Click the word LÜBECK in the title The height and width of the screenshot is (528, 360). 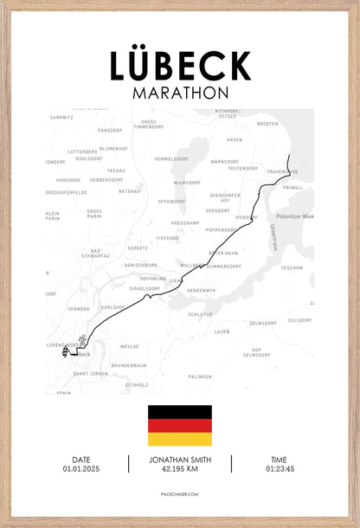pos(180,66)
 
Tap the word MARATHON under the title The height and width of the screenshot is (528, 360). pos(180,92)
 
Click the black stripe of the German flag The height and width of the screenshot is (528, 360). pos(180,412)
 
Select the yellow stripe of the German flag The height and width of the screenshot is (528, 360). pos(180,439)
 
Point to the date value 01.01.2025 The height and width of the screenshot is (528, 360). pos(81,468)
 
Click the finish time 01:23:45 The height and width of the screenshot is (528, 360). pos(279,468)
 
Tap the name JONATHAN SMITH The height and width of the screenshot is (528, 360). pos(180,460)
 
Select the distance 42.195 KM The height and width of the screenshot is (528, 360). pos(180,468)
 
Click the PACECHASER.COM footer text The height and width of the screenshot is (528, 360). pos(180,493)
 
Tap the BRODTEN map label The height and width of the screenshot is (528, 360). pos(268,124)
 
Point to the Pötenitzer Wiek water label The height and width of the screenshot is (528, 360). pos(294,216)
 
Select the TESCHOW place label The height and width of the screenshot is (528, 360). pos(292,267)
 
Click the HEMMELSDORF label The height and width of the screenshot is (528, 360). pos(170,158)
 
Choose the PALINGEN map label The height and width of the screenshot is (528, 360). pos(200,377)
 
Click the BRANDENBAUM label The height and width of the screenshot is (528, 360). pos(129,365)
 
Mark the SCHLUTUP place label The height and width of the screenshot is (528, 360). pos(200,314)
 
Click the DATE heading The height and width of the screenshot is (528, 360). pos(81,460)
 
